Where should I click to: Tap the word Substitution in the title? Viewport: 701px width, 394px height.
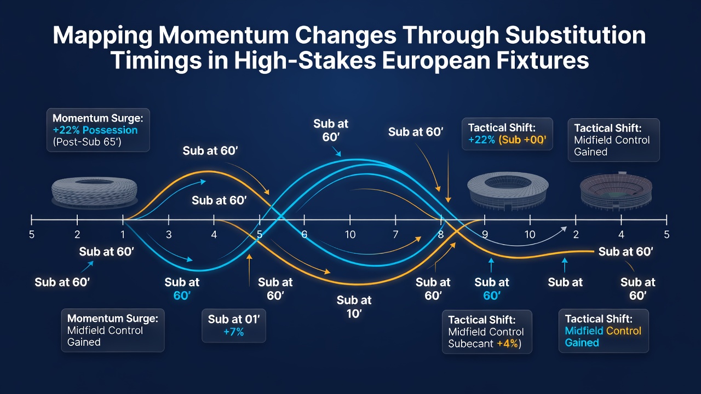[x=576, y=36]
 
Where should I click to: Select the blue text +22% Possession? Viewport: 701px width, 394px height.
[x=95, y=130]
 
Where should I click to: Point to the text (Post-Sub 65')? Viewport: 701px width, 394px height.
[x=87, y=142]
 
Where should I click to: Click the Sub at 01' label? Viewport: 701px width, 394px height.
[x=234, y=319]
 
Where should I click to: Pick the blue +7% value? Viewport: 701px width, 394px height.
[x=234, y=332]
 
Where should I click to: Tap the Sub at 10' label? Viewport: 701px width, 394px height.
[x=354, y=307]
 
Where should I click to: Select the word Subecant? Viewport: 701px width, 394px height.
[x=470, y=344]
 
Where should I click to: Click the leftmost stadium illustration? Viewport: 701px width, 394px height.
[x=94, y=192]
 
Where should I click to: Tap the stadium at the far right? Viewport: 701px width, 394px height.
[x=616, y=191]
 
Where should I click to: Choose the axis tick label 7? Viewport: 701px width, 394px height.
[x=395, y=234]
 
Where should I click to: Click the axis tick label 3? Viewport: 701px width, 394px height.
[x=169, y=234]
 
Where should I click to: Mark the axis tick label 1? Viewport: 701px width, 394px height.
[x=123, y=234]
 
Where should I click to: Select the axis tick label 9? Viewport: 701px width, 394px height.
[x=485, y=234]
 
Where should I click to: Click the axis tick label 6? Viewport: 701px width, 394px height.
[x=304, y=234]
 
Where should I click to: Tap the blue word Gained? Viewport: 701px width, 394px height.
[x=582, y=343]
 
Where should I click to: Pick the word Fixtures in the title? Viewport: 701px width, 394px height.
[x=543, y=60]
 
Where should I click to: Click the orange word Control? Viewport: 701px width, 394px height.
[x=623, y=331]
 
